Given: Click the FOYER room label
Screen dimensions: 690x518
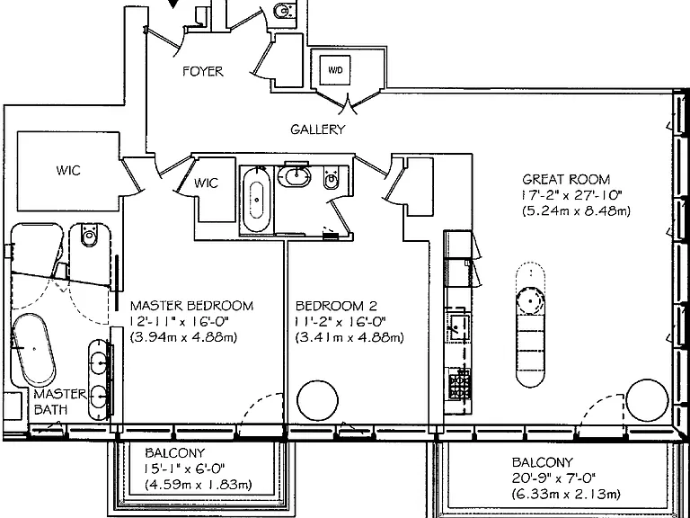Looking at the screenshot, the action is click(203, 71).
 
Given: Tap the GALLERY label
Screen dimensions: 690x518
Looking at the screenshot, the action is click(318, 129).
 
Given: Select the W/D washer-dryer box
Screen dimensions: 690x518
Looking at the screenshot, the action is click(335, 70).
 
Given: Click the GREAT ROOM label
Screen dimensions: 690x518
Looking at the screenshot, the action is click(566, 179).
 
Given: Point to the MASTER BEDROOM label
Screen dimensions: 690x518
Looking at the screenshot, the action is click(192, 306).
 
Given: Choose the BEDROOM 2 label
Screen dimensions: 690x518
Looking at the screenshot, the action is click(337, 306).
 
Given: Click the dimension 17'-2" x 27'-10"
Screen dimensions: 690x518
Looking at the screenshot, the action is click(572, 194).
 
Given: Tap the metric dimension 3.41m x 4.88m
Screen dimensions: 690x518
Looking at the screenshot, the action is click(349, 337).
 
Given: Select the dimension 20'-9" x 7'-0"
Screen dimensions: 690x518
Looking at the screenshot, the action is click(554, 478).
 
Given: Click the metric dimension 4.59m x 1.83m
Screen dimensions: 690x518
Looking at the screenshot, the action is click(199, 485).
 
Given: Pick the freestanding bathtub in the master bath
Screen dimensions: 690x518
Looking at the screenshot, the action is click(33, 349).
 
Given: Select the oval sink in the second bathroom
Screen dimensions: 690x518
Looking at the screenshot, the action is click(294, 177).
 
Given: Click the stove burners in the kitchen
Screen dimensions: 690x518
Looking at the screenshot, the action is click(459, 384).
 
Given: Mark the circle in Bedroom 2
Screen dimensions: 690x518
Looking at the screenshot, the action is click(318, 401).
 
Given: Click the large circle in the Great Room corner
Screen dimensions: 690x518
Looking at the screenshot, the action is click(647, 400).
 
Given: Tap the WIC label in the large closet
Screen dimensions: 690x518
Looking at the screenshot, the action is click(68, 171).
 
